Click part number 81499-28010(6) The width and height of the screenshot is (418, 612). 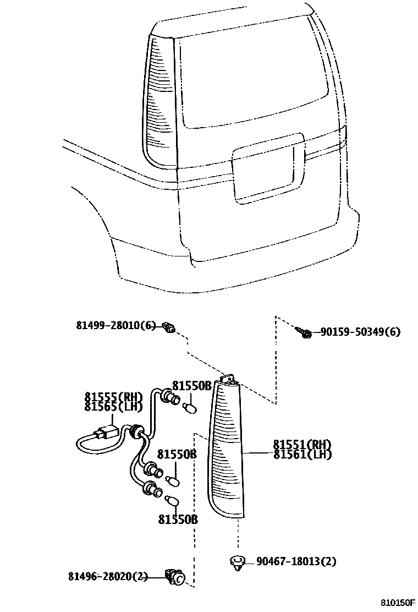116,326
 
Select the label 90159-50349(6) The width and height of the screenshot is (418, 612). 360,332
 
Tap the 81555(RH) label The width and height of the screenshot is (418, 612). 113,396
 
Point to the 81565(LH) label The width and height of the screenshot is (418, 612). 113,407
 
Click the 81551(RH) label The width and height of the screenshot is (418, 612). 302,444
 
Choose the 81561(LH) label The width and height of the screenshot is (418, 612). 302,454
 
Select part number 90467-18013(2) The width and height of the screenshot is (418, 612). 296,561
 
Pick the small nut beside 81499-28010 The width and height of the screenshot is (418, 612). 171,329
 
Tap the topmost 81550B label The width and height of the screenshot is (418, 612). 192,385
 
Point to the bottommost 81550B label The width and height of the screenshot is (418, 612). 178,519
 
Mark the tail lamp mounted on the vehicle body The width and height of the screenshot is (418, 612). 159,99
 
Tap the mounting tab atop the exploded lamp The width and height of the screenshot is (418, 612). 229,378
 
